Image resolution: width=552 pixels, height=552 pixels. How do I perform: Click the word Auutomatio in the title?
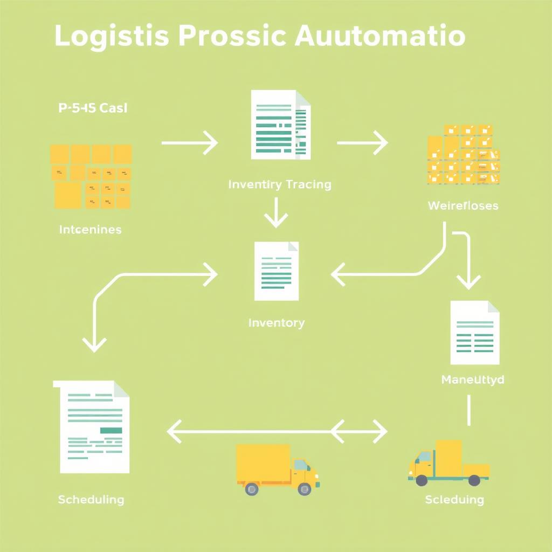(x=381, y=36)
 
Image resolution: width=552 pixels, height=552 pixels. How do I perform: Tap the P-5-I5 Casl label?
(x=92, y=108)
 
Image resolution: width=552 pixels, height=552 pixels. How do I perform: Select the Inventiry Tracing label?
(x=280, y=184)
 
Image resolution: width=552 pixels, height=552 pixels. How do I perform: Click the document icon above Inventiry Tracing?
(x=280, y=125)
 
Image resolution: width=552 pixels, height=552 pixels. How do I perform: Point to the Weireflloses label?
(x=463, y=205)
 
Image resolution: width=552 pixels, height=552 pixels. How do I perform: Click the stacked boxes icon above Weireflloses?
(x=463, y=155)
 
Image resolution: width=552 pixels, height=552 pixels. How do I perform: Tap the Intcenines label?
(x=90, y=230)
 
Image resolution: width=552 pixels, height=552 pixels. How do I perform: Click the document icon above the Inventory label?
(x=277, y=271)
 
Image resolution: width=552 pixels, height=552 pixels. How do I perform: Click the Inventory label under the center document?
(x=277, y=323)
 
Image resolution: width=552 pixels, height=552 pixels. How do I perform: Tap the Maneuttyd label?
(x=473, y=379)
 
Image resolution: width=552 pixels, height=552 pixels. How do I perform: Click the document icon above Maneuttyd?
(x=474, y=333)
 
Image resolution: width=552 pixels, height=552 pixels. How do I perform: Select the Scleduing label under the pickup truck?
(x=454, y=500)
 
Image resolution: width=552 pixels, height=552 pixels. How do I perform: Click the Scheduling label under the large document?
(x=91, y=500)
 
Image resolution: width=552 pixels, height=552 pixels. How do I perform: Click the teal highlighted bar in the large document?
(x=111, y=430)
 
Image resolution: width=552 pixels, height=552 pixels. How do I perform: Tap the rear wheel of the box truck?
(x=251, y=488)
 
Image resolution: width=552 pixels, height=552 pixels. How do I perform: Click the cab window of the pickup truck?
(x=424, y=457)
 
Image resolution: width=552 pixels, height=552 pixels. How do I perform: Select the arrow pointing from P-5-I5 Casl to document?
(x=190, y=143)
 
